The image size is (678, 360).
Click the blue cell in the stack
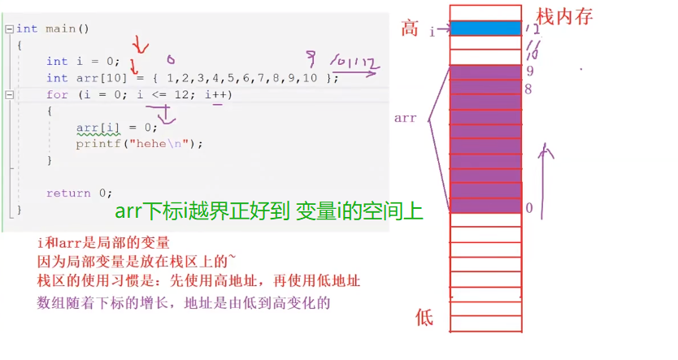[485, 28]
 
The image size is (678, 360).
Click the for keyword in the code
[56, 94]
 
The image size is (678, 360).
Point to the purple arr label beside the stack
[405, 118]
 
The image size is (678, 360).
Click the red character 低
[424, 317]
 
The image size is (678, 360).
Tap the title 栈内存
[564, 15]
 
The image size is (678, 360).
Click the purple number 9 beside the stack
[529, 71]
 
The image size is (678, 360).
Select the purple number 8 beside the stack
[528, 88]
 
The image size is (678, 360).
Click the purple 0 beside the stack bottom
[528, 208]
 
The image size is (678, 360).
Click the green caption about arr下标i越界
[268, 211]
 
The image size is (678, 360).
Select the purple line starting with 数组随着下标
[185, 302]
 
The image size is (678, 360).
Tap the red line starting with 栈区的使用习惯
[198, 281]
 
